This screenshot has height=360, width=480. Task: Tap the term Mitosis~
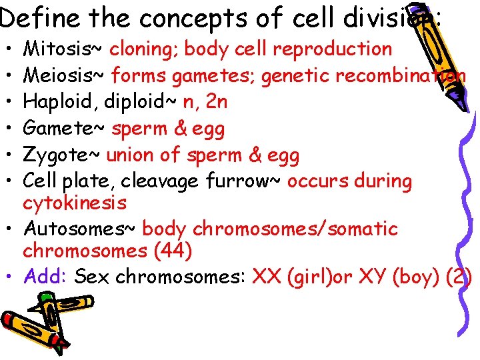pos(63,49)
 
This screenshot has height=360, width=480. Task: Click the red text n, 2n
pos(205,102)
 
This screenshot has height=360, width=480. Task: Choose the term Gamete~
pos(63,129)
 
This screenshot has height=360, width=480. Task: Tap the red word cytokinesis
pos(74,202)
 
